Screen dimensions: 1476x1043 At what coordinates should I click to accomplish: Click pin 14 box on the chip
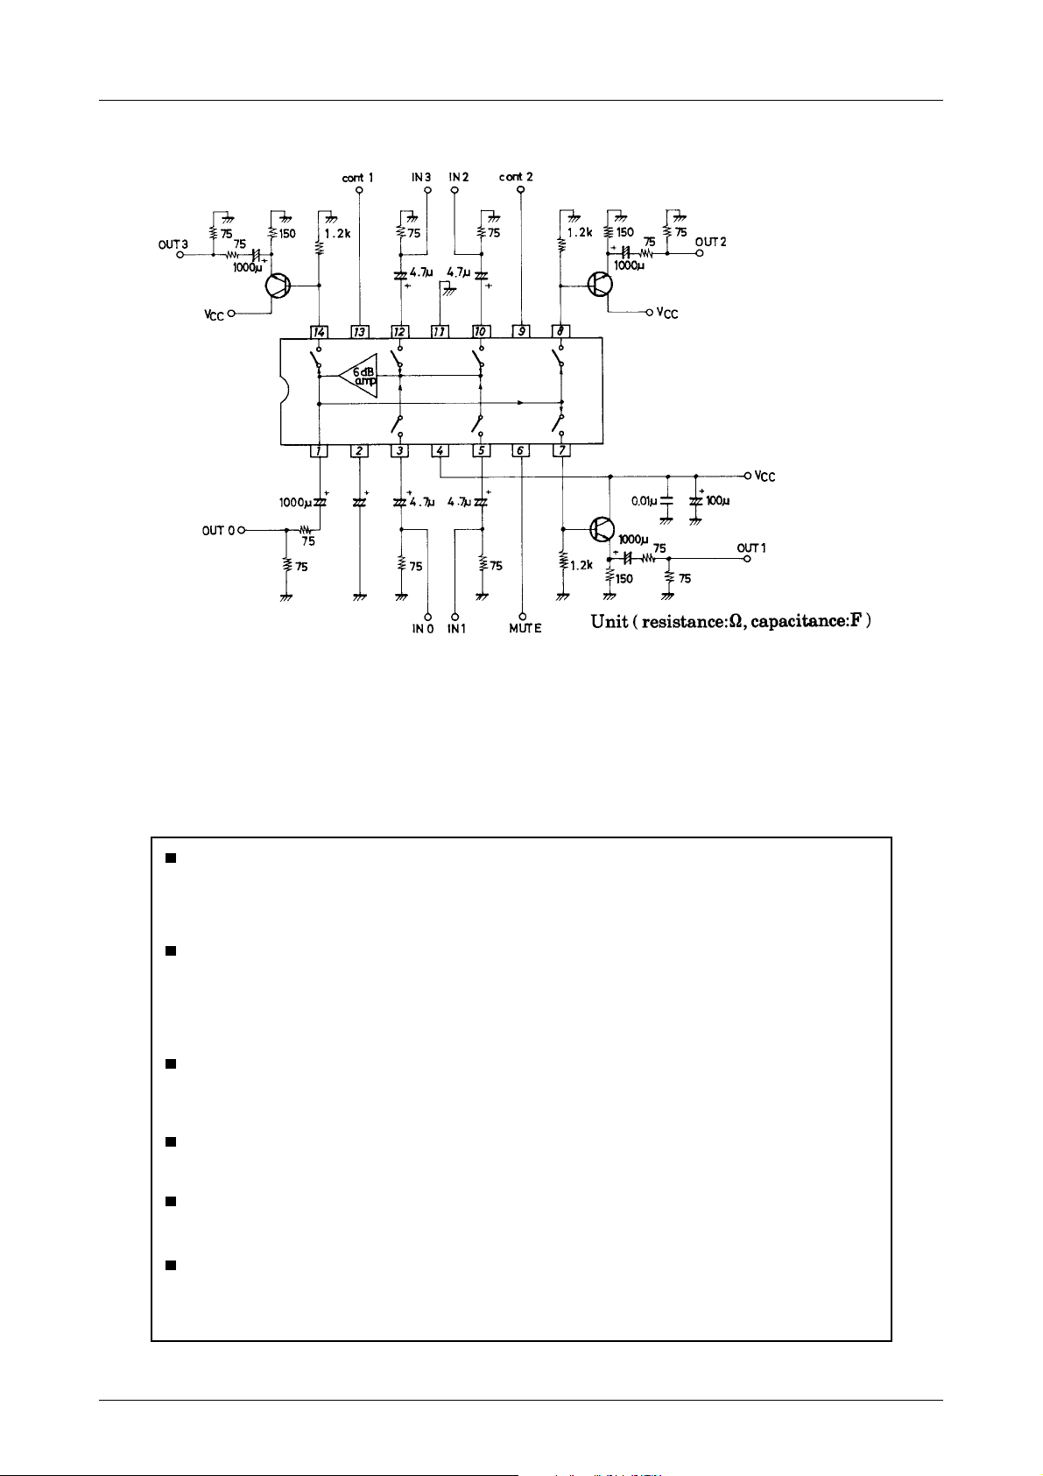click(x=319, y=332)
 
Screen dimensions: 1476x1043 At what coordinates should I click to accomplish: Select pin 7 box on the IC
click(x=561, y=450)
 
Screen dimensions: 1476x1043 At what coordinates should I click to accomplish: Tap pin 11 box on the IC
click(x=440, y=332)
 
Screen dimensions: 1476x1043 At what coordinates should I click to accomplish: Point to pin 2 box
click(x=359, y=450)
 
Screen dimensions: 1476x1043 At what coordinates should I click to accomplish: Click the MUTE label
click(x=525, y=628)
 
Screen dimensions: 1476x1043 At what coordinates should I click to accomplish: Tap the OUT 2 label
click(x=710, y=242)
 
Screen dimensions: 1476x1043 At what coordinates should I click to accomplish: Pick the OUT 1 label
click(x=751, y=548)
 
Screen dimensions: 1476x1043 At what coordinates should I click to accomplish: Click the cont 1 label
click(x=357, y=177)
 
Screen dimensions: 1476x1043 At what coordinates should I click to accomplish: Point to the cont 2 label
click(x=516, y=177)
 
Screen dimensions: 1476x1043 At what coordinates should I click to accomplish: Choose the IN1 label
click(x=456, y=628)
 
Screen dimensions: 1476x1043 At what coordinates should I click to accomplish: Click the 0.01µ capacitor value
click(x=645, y=502)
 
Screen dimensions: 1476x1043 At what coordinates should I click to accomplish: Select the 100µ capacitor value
click(x=718, y=502)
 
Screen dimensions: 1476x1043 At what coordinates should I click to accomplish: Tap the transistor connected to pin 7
click(x=602, y=528)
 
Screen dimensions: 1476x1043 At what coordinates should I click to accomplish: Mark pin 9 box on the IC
click(x=521, y=332)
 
